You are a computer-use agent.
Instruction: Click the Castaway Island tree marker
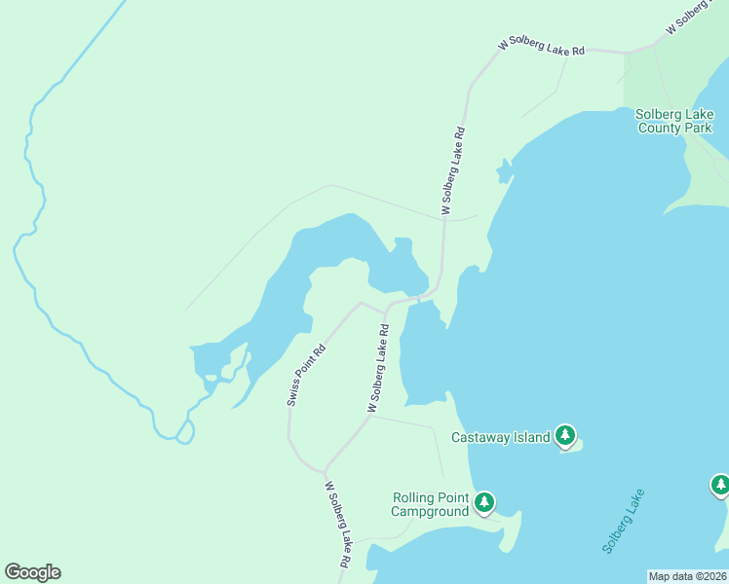[x=565, y=435]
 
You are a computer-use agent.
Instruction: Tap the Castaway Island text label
[x=501, y=438]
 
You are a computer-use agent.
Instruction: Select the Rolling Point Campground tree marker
[x=484, y=502]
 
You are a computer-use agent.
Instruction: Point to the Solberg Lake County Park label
[x=674, y=121]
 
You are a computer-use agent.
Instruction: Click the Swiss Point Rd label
[x=306, y=375]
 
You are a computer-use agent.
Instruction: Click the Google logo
[x=32, y=572]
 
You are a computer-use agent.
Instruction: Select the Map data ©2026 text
[x=688, y=576]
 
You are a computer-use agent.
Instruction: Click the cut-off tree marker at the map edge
[x=720, y=484]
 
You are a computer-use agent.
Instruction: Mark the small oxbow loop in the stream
[x=184, y=431]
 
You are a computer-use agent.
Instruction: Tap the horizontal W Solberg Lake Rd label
[x=541, y=47]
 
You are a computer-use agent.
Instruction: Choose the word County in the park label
[x=659, y=128]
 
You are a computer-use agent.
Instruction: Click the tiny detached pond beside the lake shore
[x=504, y=172]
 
